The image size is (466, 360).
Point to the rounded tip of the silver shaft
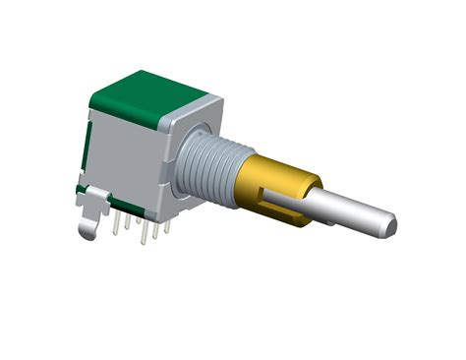pos(390,226)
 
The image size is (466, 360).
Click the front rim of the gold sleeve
pos(313,198)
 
